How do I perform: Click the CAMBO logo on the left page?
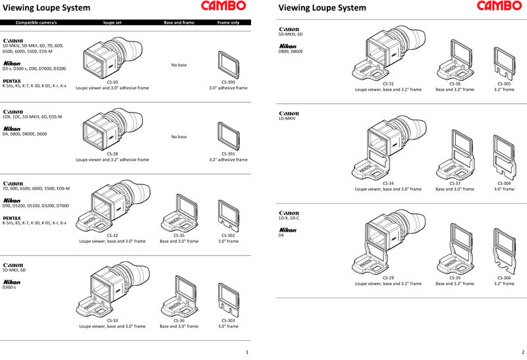[223, 6]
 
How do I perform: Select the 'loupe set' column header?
[112, 22]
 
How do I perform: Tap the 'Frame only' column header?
[228, 22]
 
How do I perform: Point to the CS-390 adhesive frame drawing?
[228, 64]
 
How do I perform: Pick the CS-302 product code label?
[228, 235]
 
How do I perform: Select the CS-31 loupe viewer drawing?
[387, 53]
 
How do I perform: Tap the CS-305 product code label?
[504, 84]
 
